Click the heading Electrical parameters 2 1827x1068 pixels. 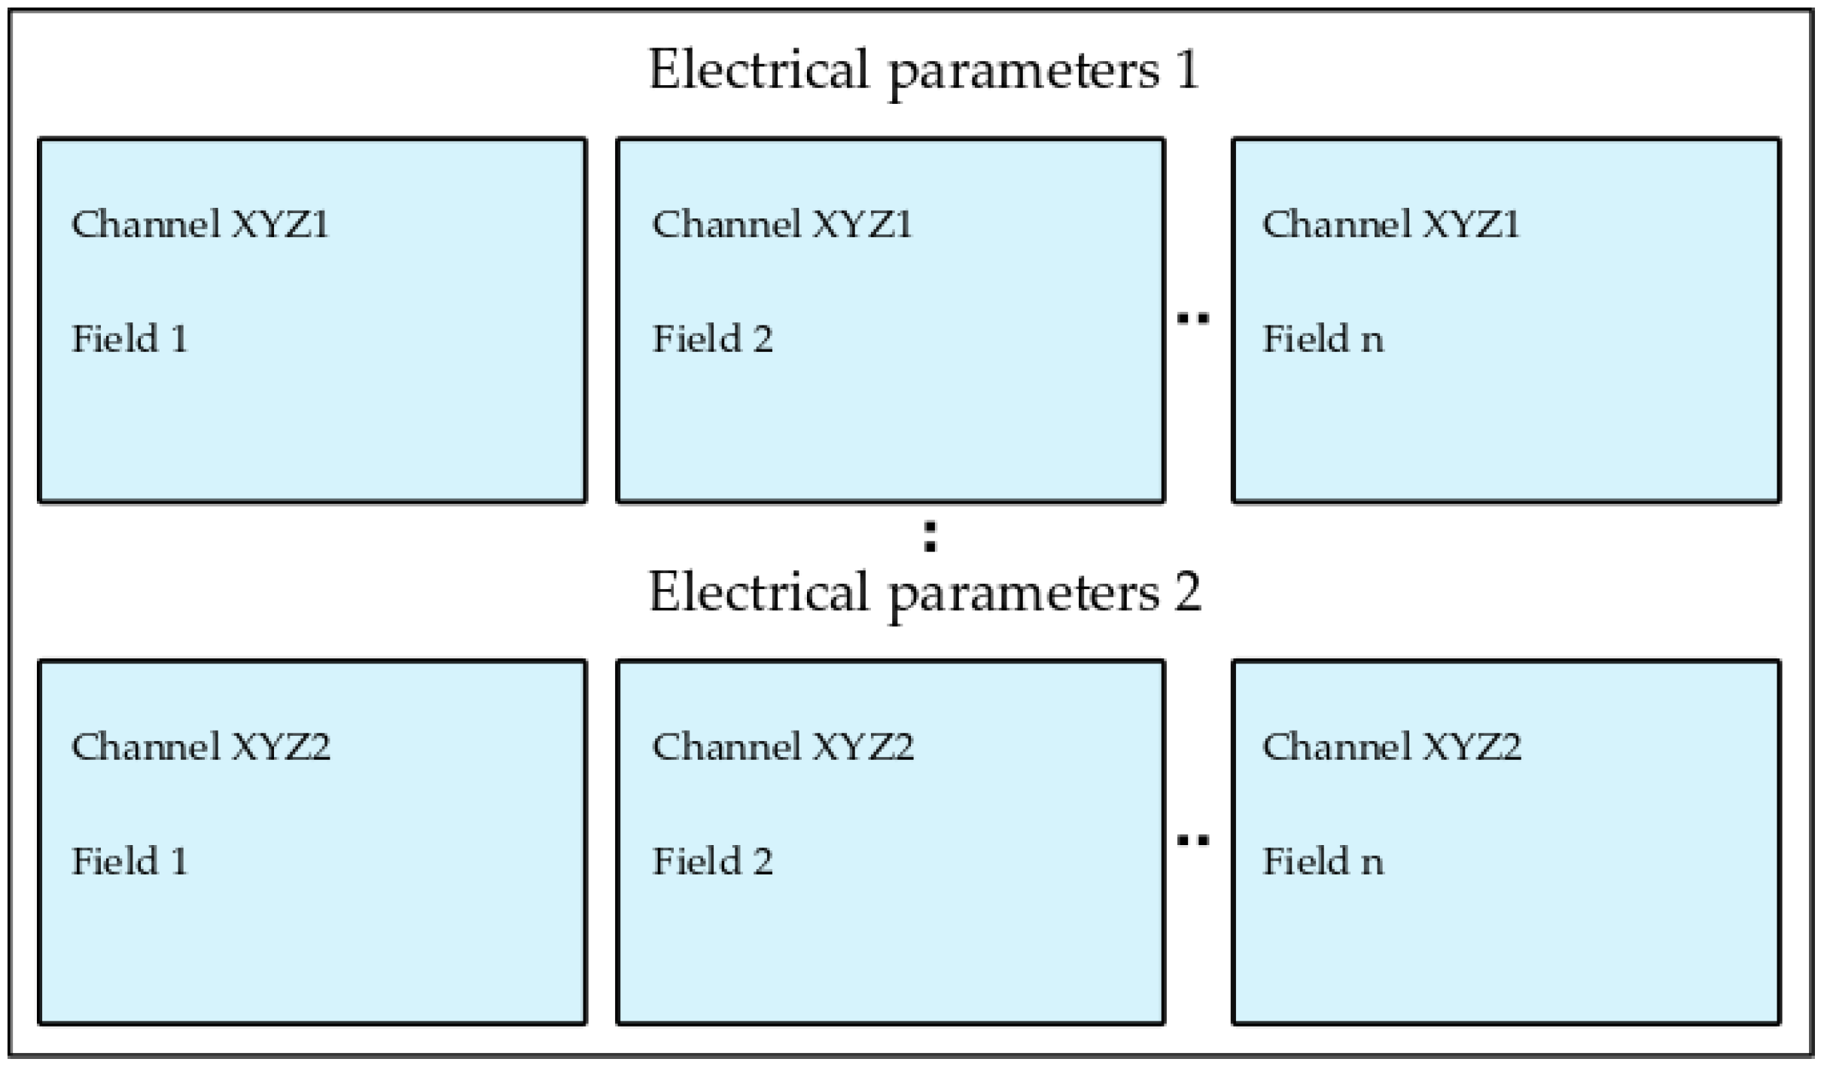tap(924, 593)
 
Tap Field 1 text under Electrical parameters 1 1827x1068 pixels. tap(129, 338)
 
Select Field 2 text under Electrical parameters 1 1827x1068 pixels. tap(712, 338)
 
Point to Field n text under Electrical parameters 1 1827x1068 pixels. tap(1323, 338)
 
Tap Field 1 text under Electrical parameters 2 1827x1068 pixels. tap(129, 861)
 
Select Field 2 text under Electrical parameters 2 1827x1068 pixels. tap(712, 861)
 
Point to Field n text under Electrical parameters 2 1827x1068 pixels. tap(1323, 861)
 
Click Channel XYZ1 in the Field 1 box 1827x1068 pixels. tap(200, 224)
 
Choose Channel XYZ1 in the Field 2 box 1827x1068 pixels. tap(782, 224)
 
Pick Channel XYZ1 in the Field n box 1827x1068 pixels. tap(1391, 224)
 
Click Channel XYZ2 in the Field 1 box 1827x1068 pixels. tap(200, 746)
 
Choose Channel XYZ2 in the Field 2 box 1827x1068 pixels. tap(782, 746)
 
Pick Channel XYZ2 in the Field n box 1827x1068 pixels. tap(1391, 746)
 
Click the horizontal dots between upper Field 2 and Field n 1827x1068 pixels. tap(1193, 319)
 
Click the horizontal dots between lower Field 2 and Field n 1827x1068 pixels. tap(1193, 841)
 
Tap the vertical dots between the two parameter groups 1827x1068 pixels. tap(930, 537)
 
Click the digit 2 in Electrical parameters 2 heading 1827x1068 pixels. tap(1187, 593)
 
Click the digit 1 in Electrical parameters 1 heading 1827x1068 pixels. tap(1188, 70)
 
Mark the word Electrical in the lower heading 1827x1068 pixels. tap(759, 593)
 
